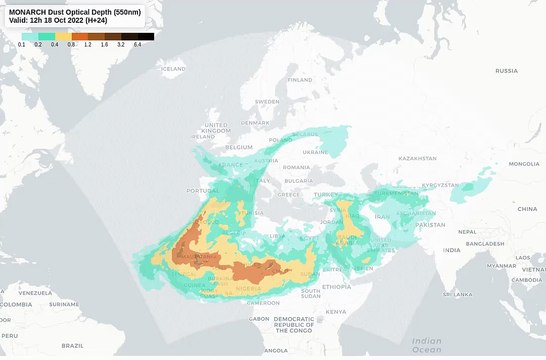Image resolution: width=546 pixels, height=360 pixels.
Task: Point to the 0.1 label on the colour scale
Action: point(22,45)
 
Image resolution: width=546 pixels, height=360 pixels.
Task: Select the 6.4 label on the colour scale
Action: point(137,45)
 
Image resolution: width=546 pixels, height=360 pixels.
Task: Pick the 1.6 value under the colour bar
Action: point(104,45)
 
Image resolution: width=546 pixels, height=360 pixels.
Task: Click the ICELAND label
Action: point(174,69)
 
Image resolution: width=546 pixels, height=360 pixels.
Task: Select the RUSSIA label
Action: point(506,71)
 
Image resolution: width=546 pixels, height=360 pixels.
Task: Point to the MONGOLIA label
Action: point(523,164)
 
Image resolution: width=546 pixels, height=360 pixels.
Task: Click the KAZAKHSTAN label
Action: point(417,158)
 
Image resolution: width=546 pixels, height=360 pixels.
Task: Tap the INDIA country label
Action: point(452,250)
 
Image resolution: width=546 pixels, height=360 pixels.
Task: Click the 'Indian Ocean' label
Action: point(427,345)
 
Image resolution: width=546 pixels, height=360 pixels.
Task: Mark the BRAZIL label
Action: point(71,345)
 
